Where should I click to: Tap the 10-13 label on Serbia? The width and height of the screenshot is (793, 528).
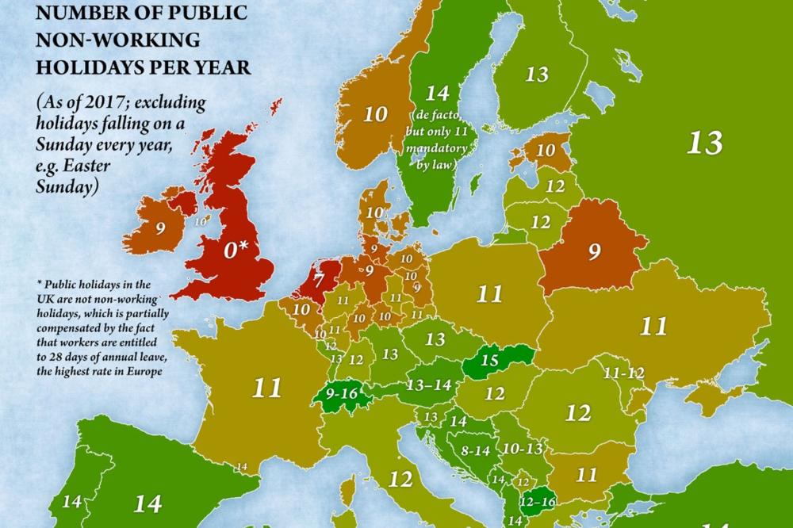tap(521, 449)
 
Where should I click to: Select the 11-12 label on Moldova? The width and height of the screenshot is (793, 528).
tap(624, 372)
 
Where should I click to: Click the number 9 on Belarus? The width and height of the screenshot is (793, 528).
tap(593, 253)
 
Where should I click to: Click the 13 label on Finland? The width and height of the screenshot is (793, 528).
tap(537, 75)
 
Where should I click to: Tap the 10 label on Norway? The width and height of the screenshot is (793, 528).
tap(375, 113)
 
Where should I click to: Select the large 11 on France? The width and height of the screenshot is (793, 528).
tap(267, 388)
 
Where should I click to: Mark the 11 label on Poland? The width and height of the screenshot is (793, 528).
tap(489, 294)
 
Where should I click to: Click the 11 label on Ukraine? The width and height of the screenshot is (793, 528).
tap(653, 326)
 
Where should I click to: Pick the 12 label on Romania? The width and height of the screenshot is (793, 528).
tap(577, 413)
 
